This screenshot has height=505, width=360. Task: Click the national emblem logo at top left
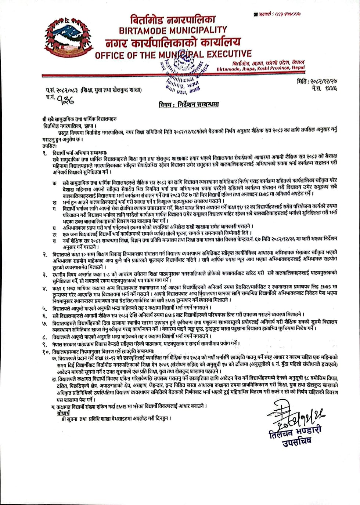pyautogui.click(x=67, y=41)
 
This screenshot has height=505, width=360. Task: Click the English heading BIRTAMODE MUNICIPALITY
pyautogui.click(x=173, y=30)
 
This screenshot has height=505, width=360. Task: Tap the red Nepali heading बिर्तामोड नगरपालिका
pyautogui.click(x=173, y=19)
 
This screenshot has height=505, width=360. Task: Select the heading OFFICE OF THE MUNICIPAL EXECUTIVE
pyautogui.click(x=173, y=55)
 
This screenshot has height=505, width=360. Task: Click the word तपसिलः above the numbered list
pyautogui.click(x=47, y=145)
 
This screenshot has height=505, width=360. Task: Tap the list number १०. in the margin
pyautogui.click(x=46, y=351)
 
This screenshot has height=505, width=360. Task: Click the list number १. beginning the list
pyautogui.click(x=45, y=152)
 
